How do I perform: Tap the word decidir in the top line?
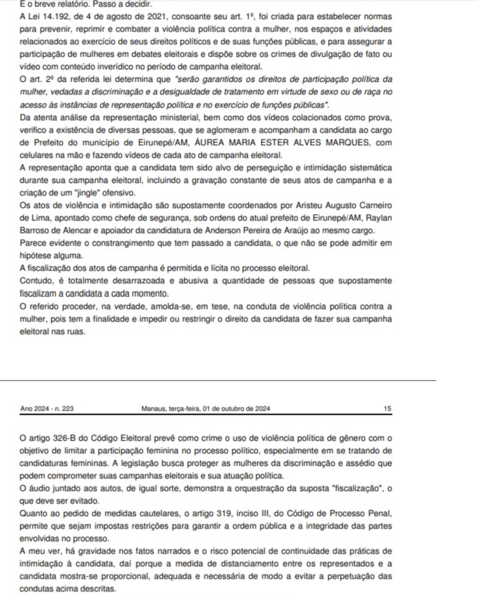[121, 4]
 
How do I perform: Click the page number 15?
[387, 408]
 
